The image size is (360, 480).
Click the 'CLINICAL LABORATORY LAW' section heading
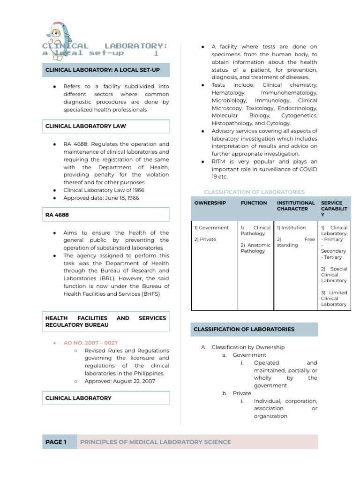pyautogui.click(x=85, y=126)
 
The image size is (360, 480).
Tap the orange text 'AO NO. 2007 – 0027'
pyautogui.click(x=88, y=343)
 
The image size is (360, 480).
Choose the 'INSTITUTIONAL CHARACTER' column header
pyautogui.click(x=295, y=206)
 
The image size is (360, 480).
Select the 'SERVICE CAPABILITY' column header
pyautogui.click(x=334, y=209)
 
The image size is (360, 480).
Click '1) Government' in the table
pyautogui.click(x=211, y=228)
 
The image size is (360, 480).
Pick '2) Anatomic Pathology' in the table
pyautogui.click(x=255, y=248)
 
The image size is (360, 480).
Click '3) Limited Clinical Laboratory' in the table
pyautogui.click(x=334, y=298)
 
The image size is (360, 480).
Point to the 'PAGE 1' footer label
pyautogui.click(x=56, y=442)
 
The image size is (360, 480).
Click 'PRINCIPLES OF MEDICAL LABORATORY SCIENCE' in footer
pyautogui.click(x=156, y=442)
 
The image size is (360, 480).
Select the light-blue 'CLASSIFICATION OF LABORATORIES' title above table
pyautogui.click(x=254, y=192)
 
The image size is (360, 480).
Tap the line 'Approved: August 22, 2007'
pyautogui.click(x=120, y=381)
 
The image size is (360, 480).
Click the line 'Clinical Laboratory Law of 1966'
pyautogui.click(x=104, y=190)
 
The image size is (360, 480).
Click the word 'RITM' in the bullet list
pyautogui.click(x=219, y=162)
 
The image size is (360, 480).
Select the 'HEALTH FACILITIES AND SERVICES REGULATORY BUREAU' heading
pyautogui.click(x=105, y=321)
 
